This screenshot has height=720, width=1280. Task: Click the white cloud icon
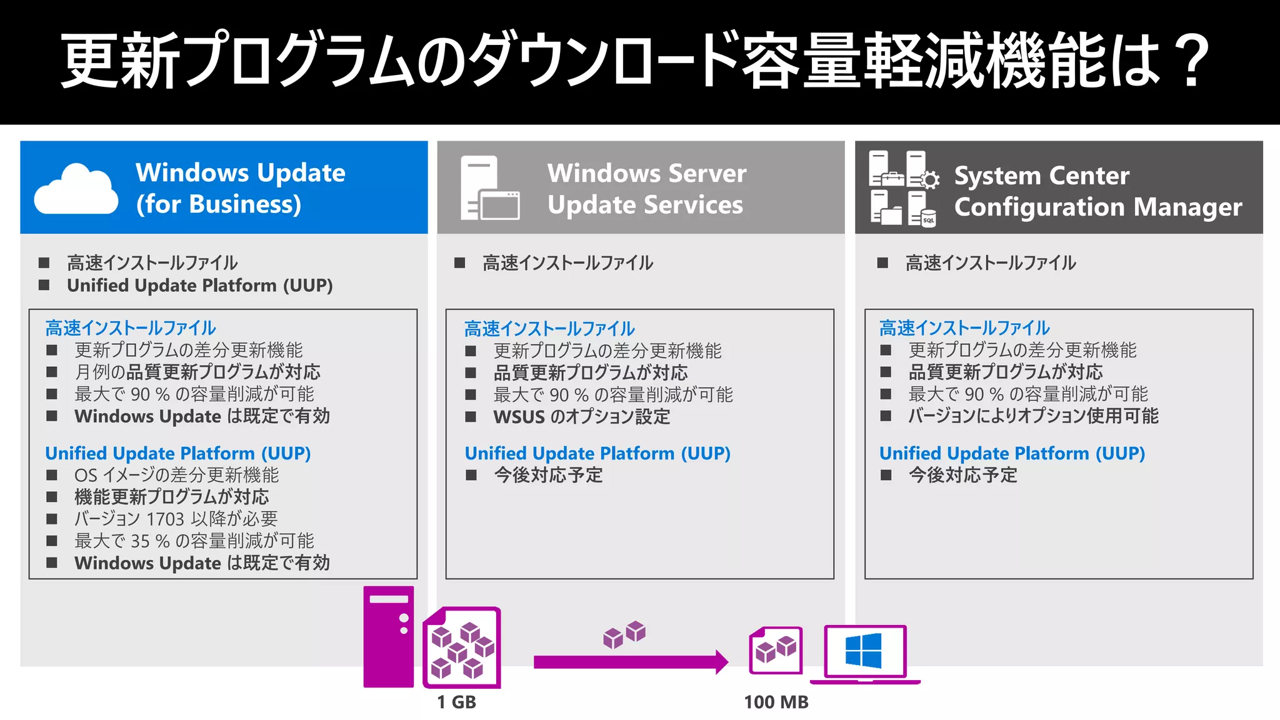[76, 189]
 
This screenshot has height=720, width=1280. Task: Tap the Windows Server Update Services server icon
[489, 188]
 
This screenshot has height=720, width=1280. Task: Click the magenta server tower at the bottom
[388, 637]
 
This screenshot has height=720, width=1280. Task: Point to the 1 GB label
[456, 702]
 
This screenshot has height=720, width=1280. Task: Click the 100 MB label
[776, 702]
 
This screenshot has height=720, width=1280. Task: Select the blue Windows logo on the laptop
[863, 651]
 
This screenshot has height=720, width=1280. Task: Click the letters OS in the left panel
[86, 476]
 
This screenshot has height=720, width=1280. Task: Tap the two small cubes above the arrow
[624, 634]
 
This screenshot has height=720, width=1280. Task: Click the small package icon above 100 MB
[776, 651]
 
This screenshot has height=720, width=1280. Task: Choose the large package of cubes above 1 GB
[461, 647]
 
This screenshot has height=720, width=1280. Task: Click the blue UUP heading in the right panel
[1012, 453]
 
